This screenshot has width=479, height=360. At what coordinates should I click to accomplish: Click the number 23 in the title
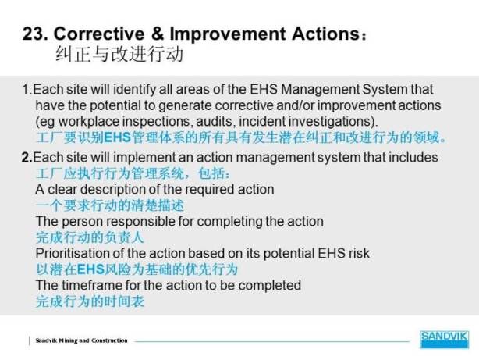tap(33, 34)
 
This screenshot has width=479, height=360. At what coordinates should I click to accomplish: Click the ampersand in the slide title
tap(157, 34)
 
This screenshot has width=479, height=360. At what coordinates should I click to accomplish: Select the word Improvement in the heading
tap(228, 34)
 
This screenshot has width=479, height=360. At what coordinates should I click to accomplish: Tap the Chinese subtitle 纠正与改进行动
tap(120, 55)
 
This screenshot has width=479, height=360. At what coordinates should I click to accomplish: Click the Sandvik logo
tap(444, 340)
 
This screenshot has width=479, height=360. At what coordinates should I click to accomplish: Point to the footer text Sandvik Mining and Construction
tap(81, 340)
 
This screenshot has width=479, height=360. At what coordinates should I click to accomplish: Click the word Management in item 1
tap(320, 89)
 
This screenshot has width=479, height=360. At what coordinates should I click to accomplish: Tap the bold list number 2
tap(26, 158)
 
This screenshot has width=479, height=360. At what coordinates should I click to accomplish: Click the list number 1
tap(25, 90)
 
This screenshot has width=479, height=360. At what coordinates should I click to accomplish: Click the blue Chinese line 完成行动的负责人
tap(90, 237)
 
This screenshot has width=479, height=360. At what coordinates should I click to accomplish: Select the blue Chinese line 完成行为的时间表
tap(90, 301)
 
